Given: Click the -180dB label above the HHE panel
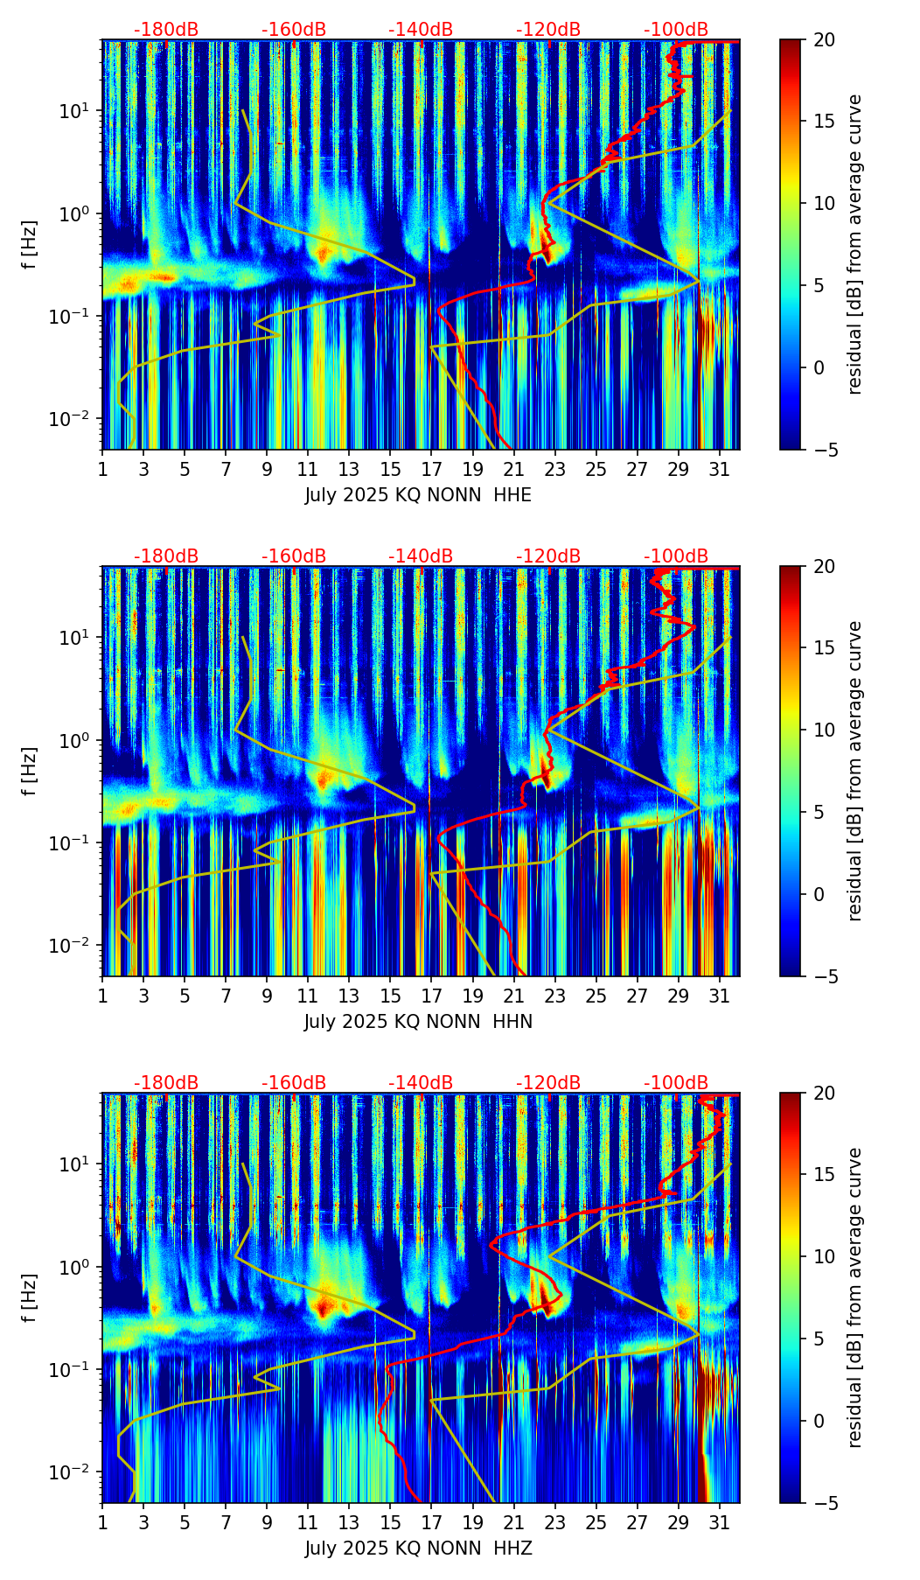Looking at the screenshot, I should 166,30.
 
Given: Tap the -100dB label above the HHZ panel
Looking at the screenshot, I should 676,1083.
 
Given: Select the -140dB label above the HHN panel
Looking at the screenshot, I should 421,556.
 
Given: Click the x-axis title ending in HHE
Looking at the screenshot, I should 418,495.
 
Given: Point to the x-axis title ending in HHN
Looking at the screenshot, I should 418,1022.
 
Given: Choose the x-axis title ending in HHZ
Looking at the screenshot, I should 418,1549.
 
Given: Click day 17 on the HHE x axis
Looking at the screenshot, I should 431,469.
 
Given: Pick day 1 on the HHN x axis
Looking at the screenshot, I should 103,996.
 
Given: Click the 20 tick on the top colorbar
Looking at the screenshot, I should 824,39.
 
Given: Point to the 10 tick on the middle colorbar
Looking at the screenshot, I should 824,730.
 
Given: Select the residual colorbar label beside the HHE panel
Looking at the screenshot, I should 854,244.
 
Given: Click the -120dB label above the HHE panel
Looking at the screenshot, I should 548,30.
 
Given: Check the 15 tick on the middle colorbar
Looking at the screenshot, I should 824,648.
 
